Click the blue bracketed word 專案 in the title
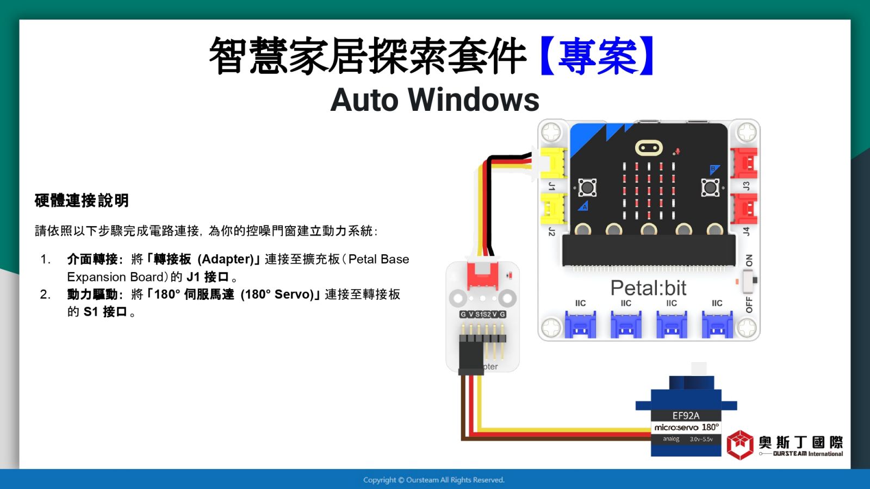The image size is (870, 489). (x=598, y=55)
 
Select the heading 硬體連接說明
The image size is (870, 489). (x=82, y=200)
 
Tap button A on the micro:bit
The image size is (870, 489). (x=587, y=188)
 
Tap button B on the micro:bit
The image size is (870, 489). (x=710, y=188)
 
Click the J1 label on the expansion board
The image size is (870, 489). (x=551, y=186)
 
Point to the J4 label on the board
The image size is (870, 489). (x=745, y=231)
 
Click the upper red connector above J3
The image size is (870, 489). (x=744, y=162)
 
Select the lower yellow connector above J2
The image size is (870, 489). (x=553, y=209)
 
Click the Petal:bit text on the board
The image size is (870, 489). (x=648, y=288)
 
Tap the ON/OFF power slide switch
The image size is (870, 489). (x=749, y=280)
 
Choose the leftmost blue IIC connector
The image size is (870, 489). (x=580, y=324)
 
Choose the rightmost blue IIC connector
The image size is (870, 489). (x=717, y=324)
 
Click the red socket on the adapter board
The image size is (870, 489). (x=482, y=275)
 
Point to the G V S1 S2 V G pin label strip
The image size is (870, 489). (x=482, y=315)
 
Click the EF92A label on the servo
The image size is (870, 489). (x=686, y=416)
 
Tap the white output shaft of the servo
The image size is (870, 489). (x=699, y=369)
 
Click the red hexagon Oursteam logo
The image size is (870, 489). (x=740, y=445)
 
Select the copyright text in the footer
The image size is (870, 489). (x=434, y=480)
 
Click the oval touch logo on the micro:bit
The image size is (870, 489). (x=649, y=148)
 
